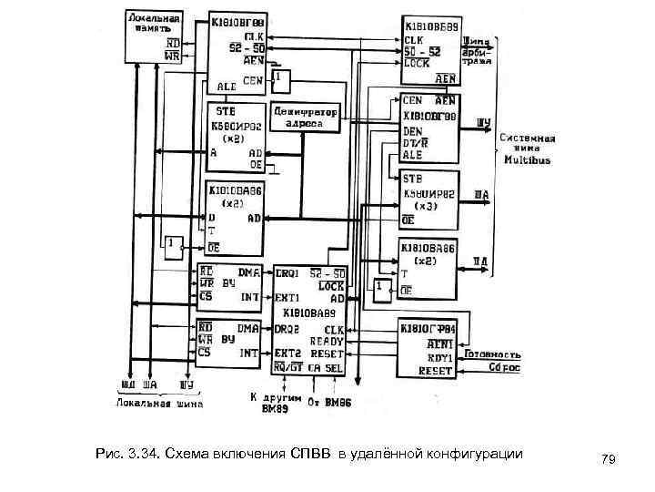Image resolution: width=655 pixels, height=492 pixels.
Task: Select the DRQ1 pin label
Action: (289, 274)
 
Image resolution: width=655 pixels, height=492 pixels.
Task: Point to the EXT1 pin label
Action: (289, 298)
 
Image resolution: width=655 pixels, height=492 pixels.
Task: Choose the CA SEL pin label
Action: (327, 366)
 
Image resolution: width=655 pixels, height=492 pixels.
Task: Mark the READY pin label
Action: (327, 340)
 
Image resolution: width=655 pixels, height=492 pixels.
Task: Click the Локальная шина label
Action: (158, 403)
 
